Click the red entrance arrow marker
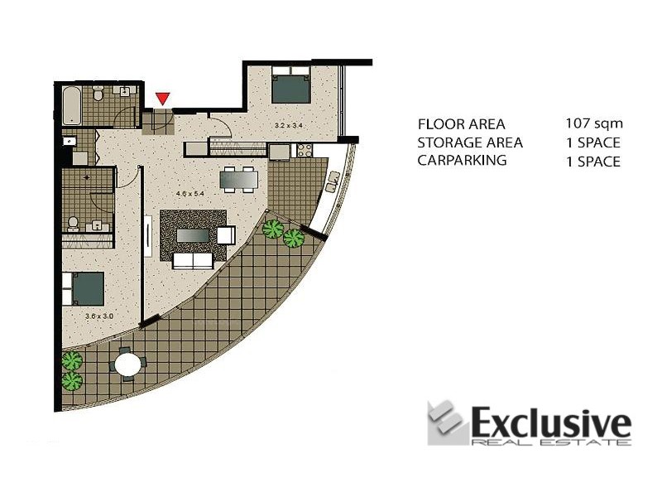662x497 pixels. tap(164, 99)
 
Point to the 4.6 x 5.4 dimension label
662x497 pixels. tap(189, 193)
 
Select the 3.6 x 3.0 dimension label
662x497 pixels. tap(99, 316)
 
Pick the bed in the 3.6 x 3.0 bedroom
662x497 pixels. tap(87, 288)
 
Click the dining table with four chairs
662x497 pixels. tap(240, 177)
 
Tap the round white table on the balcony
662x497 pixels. tap(128, 364)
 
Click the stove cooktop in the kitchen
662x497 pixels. tap(304, 151)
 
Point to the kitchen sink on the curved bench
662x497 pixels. tap(334, 180)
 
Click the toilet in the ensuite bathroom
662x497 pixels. tap(73, 222)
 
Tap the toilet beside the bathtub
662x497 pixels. tap(98, 96)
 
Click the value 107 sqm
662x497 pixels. tap(592, 123)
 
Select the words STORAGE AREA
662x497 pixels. tap(470, 142)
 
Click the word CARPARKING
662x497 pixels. tap(462, 161)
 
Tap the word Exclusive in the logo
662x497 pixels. tap(550, 424)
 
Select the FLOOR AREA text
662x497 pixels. tap(461, 124)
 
